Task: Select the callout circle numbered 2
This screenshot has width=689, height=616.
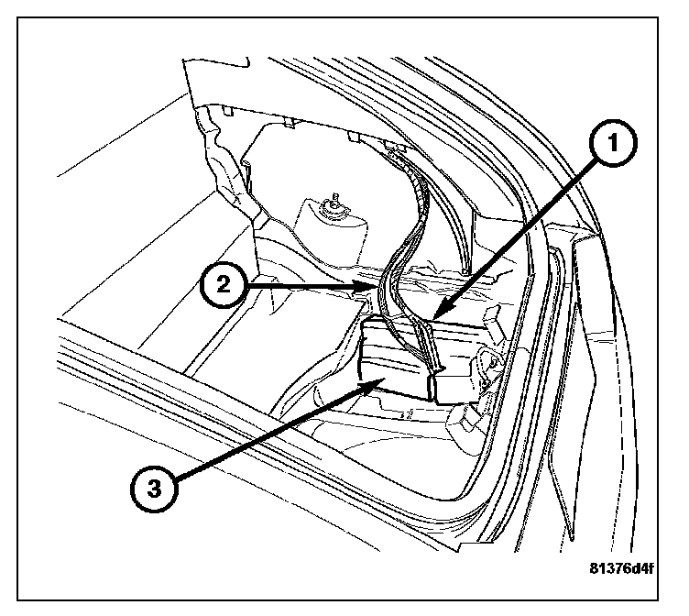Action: coord(220,285)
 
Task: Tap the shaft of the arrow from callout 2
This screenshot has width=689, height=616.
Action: coord(302,286)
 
